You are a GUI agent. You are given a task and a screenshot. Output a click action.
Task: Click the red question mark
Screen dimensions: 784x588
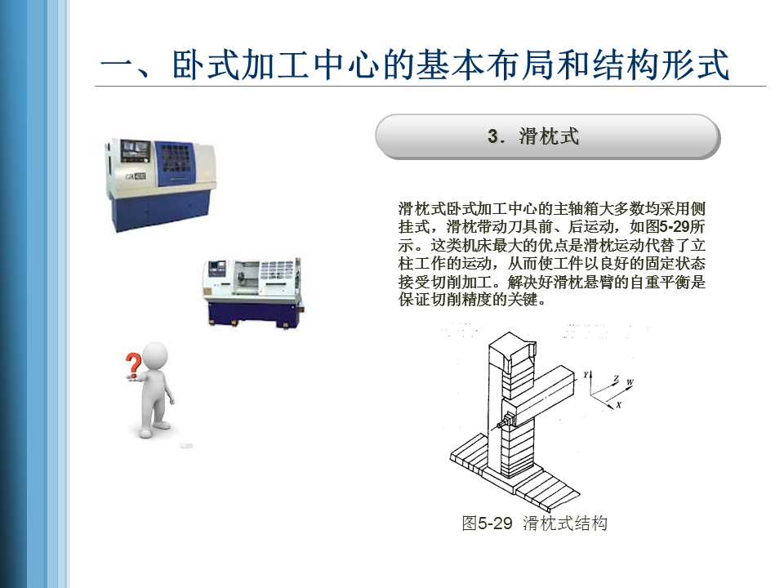[133, 365]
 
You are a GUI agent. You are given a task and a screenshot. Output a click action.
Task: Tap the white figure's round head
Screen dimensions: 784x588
[155, 357]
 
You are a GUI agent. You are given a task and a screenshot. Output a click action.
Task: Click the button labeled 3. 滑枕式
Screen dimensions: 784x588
[547, 136]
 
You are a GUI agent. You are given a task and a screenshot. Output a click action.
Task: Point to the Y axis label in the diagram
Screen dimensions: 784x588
[586, 375]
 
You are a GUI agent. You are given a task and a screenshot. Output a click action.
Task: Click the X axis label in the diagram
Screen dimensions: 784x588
[618, 404]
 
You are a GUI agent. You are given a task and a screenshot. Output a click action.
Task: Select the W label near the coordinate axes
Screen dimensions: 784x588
[630, 382]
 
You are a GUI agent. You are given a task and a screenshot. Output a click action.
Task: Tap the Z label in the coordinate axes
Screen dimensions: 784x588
[617, 379]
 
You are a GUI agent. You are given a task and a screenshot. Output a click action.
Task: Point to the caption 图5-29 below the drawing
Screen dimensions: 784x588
[487, 523]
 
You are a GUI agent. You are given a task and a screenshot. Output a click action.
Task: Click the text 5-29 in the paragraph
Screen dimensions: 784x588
[675, 226]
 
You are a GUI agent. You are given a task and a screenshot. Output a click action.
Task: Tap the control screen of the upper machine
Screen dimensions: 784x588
[136, 150]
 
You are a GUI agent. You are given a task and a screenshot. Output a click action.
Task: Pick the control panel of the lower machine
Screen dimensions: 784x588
[217, 273]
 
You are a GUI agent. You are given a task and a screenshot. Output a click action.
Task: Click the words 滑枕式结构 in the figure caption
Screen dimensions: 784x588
[565, 523]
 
